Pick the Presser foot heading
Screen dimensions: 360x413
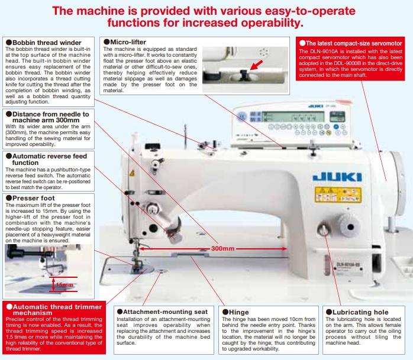(x=32, y=198)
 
